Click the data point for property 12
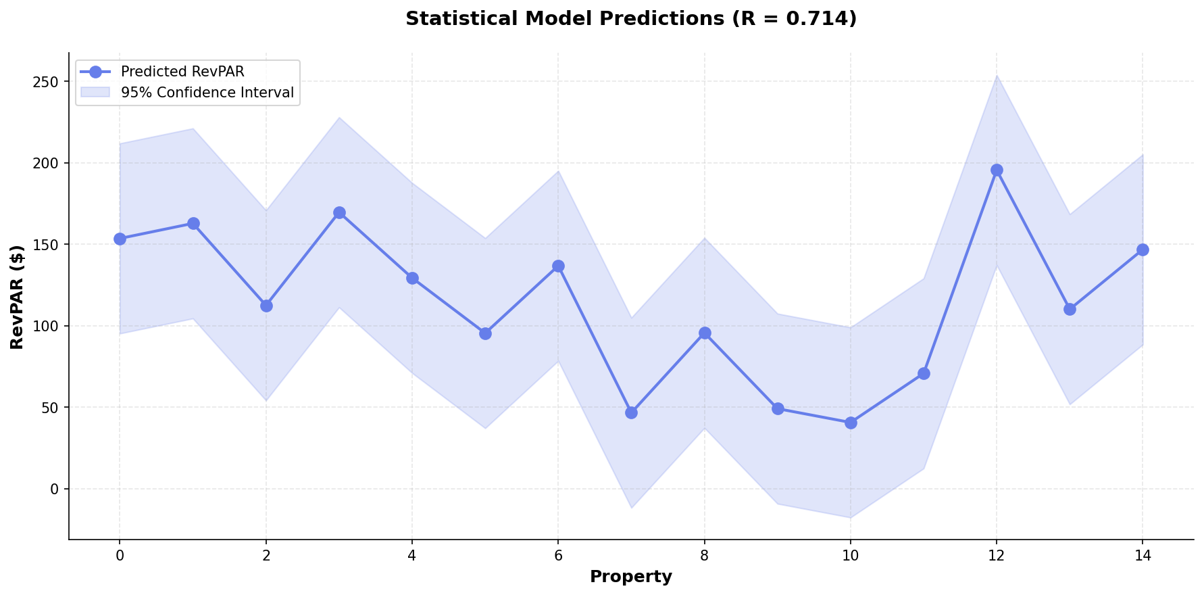(x=997, y=170)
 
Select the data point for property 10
(x=851, y=423)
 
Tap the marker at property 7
(x=631, y=412)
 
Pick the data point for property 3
(x=339, y=212)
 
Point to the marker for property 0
(x=120, y=239)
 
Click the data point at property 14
(x=1143, y=249)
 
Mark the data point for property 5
(x=485, y=333)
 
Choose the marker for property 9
(x=778, y=408)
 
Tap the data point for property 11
(x=924, y=373)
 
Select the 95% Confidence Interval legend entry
(x=207, y=93)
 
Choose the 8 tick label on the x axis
(x=705, y=556)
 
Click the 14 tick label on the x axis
(x=1143, y=556)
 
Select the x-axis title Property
(x=631, y=577)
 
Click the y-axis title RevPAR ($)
(x=18, y=297)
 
